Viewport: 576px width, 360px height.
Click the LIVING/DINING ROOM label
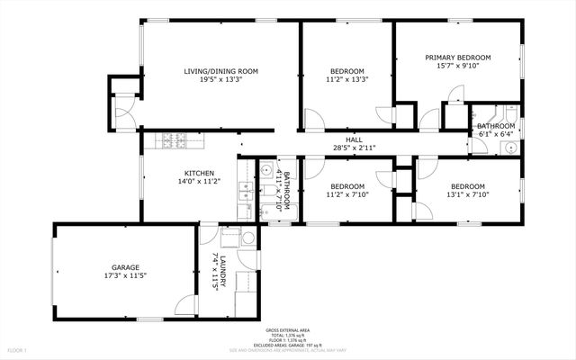click(220, 71)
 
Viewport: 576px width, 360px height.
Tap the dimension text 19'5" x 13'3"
click(220, 79)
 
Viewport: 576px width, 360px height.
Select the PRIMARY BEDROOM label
click(459, 57)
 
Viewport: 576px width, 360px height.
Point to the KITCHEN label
click(199, 173)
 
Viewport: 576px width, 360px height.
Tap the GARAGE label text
click(124, 267)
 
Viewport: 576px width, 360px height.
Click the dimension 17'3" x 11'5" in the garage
click(124, 275)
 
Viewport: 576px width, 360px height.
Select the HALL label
click(354, 139)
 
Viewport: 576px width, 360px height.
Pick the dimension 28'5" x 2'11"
click(354, 148)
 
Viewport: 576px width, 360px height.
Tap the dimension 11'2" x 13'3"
click(346, 79)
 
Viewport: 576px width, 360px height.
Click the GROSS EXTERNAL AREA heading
click(287, 330)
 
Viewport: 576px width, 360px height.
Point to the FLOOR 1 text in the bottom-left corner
click(17, 348)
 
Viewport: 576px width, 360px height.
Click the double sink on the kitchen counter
click(244, 190)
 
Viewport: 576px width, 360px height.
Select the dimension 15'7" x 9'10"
click(459, 65)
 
